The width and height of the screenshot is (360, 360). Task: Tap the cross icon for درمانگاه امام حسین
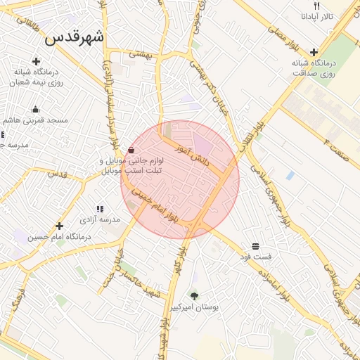pyautogui.click(x=59, y=226)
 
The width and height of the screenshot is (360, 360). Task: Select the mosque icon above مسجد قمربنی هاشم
pyautogui.click(x=35, y=109)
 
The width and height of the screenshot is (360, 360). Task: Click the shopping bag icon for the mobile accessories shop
pyautogui.click(x=131, y=150)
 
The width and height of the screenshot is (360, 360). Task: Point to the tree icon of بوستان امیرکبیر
pyautogui.click(x=194, y=295)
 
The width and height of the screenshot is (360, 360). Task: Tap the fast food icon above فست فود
pyautogui.click(x=255, y=245)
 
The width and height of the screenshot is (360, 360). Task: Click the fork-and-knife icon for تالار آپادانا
pyautogui.click(x=317, y=6)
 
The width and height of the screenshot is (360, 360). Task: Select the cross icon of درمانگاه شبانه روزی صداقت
pyautogui.click(x=314, y=51)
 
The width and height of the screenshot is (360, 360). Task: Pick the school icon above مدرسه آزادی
pyautogui.click(x=99, y=209)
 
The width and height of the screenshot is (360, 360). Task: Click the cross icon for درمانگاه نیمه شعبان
pyautogui.click(x=36, y=61)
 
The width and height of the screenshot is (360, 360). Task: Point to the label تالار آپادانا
pyautogui.click(x=318, y=15)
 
